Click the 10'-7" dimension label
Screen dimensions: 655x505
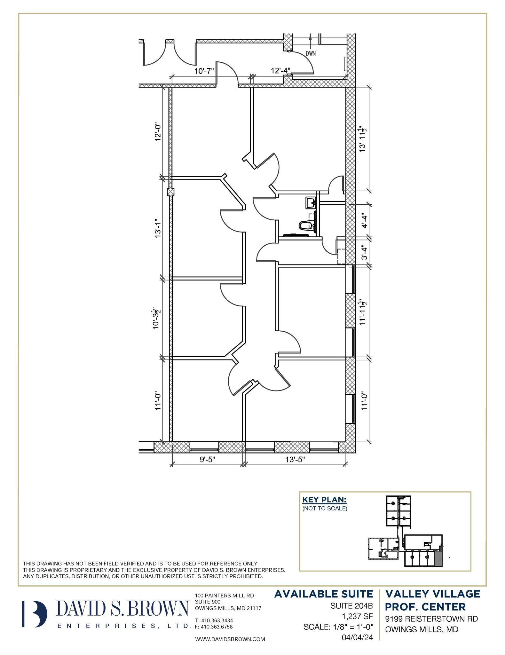[204, 71]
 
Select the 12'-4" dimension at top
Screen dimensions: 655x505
[280, 71]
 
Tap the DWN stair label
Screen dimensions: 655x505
[310, 53]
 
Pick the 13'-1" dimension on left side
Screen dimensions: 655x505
[157, 228]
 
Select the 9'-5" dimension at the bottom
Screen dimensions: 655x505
[207, 460]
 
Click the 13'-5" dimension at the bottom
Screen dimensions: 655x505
[295, 460]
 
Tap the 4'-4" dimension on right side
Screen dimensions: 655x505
[364, 220]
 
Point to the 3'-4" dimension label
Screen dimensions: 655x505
[364, 251]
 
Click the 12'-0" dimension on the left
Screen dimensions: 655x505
[157, 131]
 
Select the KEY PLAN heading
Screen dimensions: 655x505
[324, 500]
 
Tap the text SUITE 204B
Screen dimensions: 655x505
[351, 605]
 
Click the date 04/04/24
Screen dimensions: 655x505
[357, 637]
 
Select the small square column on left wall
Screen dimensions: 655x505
[171, 192]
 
